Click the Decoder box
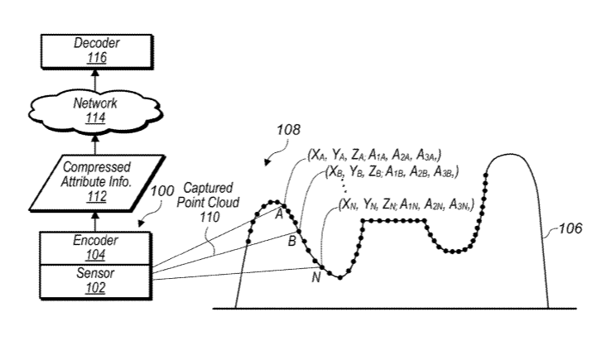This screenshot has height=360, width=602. pos(97,51)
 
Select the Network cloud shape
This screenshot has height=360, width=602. pos(95,112)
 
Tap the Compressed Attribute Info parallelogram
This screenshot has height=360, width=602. pos(97,183)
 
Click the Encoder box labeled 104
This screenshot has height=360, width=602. pos(96,248)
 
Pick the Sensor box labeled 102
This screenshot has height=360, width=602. pos(96,281)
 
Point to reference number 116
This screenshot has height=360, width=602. pos(96,58)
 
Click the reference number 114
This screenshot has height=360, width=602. pos(95,118)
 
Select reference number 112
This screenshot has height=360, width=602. pos(97,196)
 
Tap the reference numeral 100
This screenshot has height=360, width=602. pos(162,190)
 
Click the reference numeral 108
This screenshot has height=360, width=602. pos(289,130)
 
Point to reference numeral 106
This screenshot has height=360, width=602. pos(571,228)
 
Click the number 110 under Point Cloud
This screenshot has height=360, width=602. pos(209,217)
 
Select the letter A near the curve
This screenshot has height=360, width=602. pos(280,214)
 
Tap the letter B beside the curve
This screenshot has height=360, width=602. pos(292,241)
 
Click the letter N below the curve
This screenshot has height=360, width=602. pos(316,276)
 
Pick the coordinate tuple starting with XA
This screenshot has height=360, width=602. pos(374,155)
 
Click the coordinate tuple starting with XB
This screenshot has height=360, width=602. pos(392,172)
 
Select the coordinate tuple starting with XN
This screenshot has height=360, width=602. pos(407,204)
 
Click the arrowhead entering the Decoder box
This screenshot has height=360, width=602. pos(95,73)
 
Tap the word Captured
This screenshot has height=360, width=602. pos(209,188)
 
